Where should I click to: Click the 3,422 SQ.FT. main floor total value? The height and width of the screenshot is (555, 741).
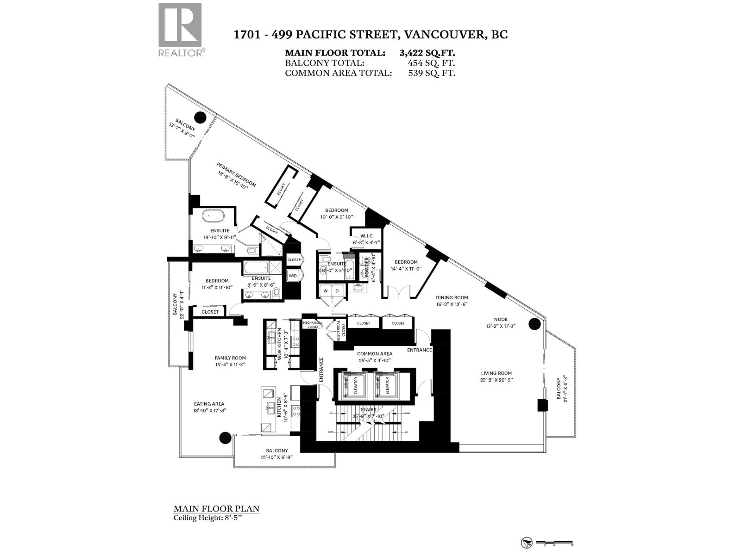pyautogui.click(x=427, y=53)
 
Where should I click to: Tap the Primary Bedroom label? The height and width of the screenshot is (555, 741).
pyautogui.click(x=236, y=174)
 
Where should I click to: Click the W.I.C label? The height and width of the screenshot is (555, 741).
pyautogui.click(x=366, y=236)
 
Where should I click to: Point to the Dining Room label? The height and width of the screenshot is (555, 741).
pyautogui.click(x=452, y=298)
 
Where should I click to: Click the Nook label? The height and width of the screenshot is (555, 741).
pyautogui.click(x=501, y=320)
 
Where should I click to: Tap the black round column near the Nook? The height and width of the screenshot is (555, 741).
pyautogui.click(x=534, y=323)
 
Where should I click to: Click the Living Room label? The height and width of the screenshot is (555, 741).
pyautogui.click(x=496, y=373)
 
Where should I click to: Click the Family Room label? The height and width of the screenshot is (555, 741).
pyautogui.click(x=230, y=358)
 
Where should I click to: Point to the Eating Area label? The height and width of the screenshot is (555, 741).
pyautogui.click(x=209, y=404)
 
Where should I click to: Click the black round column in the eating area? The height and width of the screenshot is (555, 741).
pyautogui.click(x=225, y=437)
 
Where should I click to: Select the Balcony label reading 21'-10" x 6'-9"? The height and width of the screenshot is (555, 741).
pyautogui.click(x=276, y=450)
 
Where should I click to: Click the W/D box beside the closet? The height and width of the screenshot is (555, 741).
pyautogui.click(x=293, y=276)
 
